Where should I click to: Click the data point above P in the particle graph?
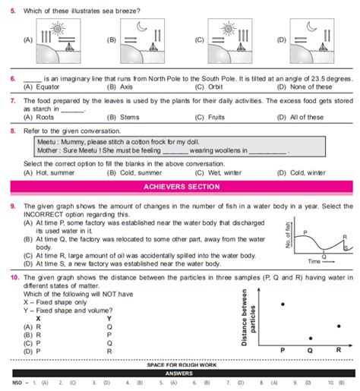click(x=283, y=304)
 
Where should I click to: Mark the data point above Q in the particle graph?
click(x=311, y=338)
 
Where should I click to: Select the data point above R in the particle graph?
click(x=339, y=326)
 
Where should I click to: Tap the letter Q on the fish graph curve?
click(x=324, y=256)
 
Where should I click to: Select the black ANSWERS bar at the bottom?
click(x=180, y=374)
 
